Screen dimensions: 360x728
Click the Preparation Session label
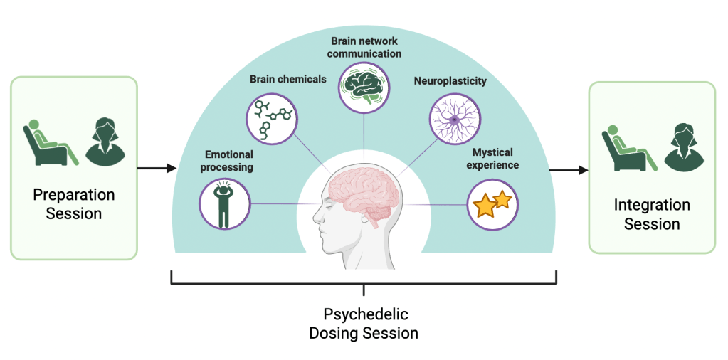pyautogui.click(x=74, y=203)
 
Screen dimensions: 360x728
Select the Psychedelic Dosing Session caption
pyautogui.click(x=364, y=323)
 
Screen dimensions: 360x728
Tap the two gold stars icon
pyautogui.click(x=492, y=203)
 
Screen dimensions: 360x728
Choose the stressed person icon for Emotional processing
pyautogui.click(x=224, y=203)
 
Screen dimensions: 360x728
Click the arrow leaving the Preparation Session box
pyautogui.click(x=156, y=169)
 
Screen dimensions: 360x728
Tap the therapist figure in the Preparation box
pyautogui.click(x=105, y=141)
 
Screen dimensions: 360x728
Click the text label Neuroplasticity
pyautogui.click(x=450, y=81)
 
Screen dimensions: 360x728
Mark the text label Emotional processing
pyautogui.click(x=229, y=161)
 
